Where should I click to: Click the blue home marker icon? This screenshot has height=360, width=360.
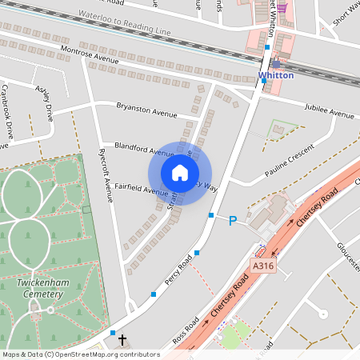click(180, 173)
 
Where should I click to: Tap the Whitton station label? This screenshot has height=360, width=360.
click(276, 75)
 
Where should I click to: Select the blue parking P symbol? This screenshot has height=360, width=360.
click(233, 220)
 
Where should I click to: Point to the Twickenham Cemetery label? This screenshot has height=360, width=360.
click(39, 288)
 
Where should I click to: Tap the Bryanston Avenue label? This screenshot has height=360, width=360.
click(146, 110)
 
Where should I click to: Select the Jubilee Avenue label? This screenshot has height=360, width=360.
click(329, 111)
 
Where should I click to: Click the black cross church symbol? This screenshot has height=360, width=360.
click(122, 341)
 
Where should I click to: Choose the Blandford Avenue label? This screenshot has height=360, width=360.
click(144, 149)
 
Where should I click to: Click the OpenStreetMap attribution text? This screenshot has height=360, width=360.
click(81, 354)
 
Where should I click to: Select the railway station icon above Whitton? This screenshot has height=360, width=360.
click(276, 64)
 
